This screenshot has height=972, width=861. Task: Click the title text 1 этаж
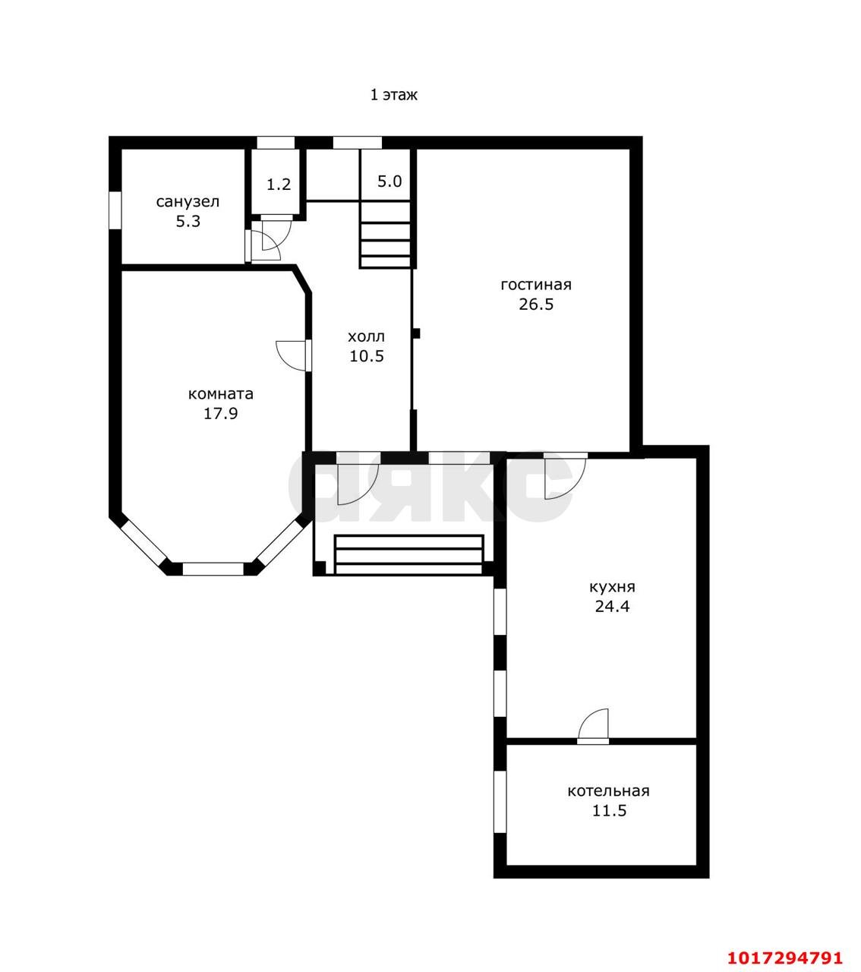(x=393, y=94)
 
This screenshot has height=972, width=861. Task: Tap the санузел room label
(x=188, y=201)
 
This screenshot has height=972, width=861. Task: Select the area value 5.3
(x=188, y=221)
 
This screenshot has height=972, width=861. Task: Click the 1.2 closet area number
(x=279, y=185)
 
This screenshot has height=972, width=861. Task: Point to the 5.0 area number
(x=389, y=181)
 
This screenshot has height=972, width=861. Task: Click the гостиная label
(x=536, y=285)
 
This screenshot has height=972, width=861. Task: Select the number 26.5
(x=536, y=305)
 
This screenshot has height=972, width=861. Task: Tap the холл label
(x=366, y=336)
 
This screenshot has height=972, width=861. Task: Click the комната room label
(x=221, y=394)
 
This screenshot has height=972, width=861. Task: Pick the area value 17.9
(x=221, y=414)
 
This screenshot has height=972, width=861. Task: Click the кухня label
(x=612, y=587)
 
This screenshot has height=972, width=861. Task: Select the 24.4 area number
(x=612, y=607)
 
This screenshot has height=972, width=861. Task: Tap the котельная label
(x=608, y=791)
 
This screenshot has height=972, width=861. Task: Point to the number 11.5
(x=609, y=811)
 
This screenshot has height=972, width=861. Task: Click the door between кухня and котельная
(x=593, y=727)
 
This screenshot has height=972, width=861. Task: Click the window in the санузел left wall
(x=115, y=210)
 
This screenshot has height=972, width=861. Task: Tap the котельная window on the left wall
(x=500, y=802)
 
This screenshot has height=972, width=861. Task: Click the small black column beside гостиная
(x=416, y=333)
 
